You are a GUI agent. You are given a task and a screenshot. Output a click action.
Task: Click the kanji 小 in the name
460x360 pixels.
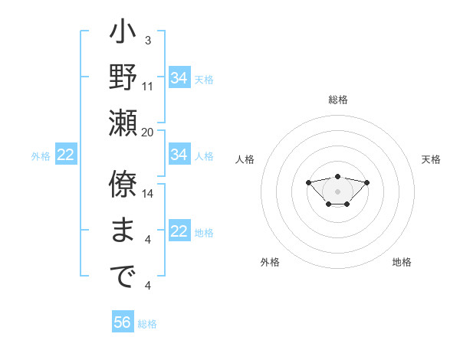(123, 34)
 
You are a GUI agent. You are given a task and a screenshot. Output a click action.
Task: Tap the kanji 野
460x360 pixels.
(123, 78)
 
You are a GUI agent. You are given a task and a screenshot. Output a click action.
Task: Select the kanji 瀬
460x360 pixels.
(123, 123)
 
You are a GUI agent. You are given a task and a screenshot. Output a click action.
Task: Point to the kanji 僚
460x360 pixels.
(123, 185)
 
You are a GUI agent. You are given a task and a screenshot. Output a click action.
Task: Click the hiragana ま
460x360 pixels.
(123, 231)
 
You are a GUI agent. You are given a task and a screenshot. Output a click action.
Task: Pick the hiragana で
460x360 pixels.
(123, 277)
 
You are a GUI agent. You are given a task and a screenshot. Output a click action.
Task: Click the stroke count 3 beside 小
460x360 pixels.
(147, 40)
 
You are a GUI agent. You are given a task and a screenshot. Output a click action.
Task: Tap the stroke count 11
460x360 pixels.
(148, 86)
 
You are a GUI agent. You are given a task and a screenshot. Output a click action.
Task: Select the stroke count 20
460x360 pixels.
(148, 131)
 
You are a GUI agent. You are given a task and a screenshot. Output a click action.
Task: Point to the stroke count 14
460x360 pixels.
(148, 193)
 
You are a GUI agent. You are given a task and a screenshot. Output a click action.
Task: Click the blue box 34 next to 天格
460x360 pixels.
(179, 78)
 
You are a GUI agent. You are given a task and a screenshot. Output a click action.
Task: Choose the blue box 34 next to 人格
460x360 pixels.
(179, 155)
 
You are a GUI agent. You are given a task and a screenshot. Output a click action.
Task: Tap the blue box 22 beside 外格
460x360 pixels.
(66, 155)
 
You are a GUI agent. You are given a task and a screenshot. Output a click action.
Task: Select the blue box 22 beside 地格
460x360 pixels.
(179, 231)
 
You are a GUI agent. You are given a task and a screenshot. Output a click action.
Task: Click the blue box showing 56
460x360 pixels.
(123, 322)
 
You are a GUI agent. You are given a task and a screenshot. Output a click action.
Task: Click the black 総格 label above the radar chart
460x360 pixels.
(338, 100)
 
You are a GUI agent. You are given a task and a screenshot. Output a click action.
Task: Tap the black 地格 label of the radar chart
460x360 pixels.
(402, 262)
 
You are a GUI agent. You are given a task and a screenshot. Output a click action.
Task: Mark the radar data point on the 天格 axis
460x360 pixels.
(366, 182)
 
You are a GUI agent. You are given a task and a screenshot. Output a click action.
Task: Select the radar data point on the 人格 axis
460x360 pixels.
(308, 182)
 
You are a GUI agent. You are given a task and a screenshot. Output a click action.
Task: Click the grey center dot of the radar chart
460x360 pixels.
(337, 191)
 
